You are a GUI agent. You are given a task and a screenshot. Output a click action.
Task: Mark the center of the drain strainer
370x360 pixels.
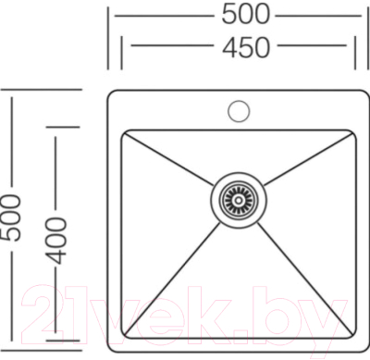tap(237, 197)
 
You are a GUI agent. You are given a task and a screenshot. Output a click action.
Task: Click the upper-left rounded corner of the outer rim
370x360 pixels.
tap(112, 94)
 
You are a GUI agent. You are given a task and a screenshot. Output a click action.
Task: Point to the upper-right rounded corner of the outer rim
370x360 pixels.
tap(363, 94)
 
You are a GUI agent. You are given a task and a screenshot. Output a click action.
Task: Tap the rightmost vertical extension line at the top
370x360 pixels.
tap(364, 38)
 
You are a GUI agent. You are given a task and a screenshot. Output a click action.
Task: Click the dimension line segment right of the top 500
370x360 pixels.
tap(319, 15)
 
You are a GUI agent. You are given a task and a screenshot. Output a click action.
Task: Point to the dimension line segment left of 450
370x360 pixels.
tap(162, 46)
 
